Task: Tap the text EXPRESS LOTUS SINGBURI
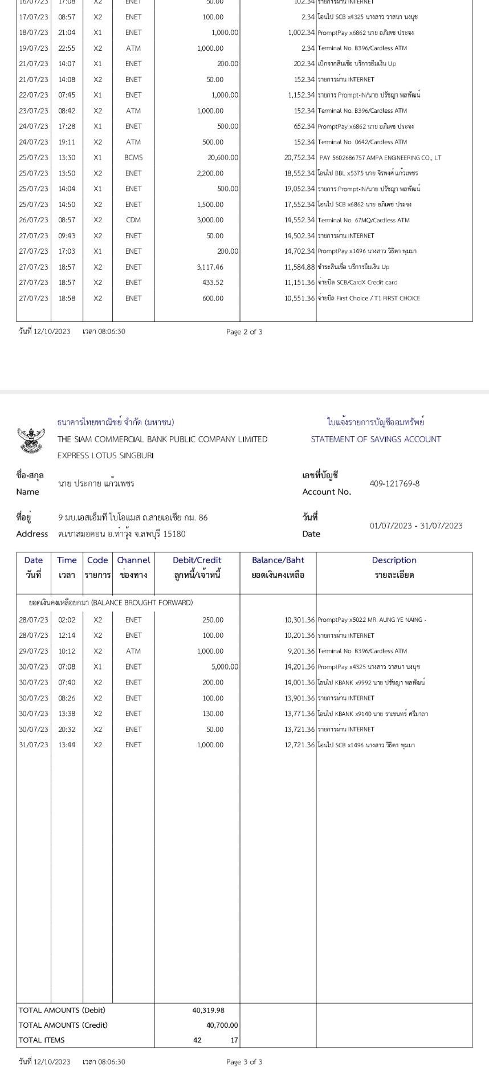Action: pyautogui.click(x=105, y=455)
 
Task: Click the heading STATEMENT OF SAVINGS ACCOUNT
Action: pyautogui.click(x=376, y=439)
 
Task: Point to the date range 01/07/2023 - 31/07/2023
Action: pyautogui.click(x=416, y=526)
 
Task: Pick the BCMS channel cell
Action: pyautogui.click(x=133, y=157)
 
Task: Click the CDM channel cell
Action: pyautogui.click(x=133, y=220)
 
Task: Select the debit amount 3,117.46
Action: pyautogui.click(x=210, y=267)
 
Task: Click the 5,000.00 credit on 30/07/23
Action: pyautogui.click(x=225, y=666)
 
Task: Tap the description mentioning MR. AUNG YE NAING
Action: pyautogui.click(x=372, y=620)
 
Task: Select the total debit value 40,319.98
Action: pyautogui.click(x=208, y=1010)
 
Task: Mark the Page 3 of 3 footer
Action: pyautogui.click(x=244, y=1061)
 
